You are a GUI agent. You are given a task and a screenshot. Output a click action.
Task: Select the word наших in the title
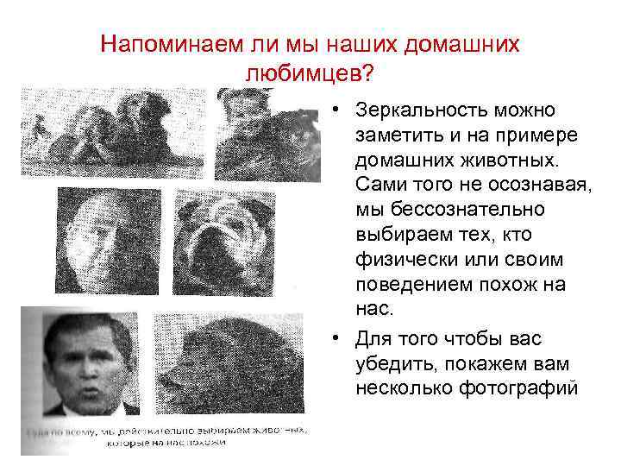tap(372, 43)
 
